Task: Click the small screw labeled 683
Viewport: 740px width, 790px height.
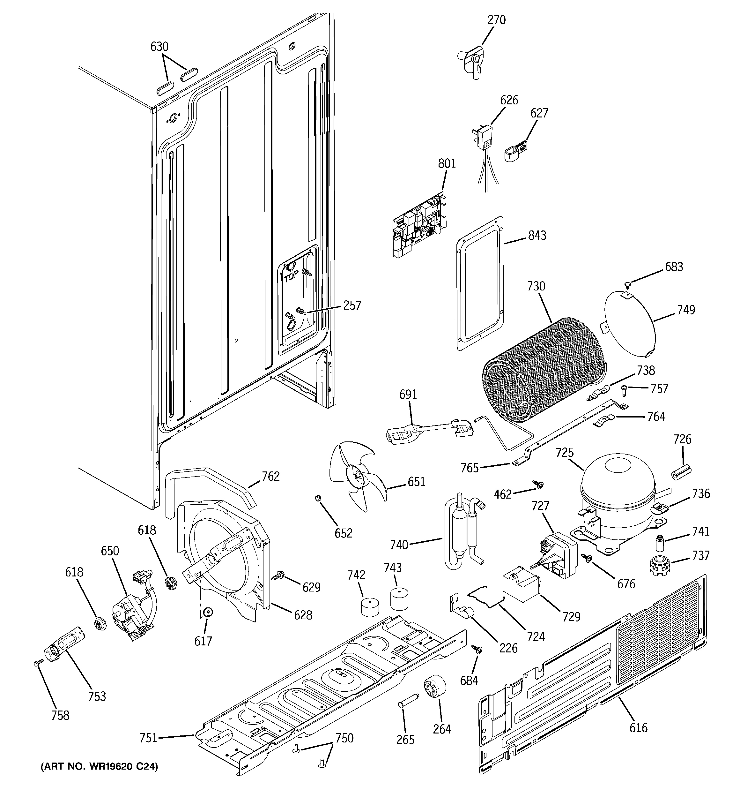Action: pos(628,284)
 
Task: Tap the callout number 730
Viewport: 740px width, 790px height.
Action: pos(536,286)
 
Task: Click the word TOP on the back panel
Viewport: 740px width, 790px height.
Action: pos(291,278)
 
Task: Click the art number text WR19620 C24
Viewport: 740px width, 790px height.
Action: pos(99,766)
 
